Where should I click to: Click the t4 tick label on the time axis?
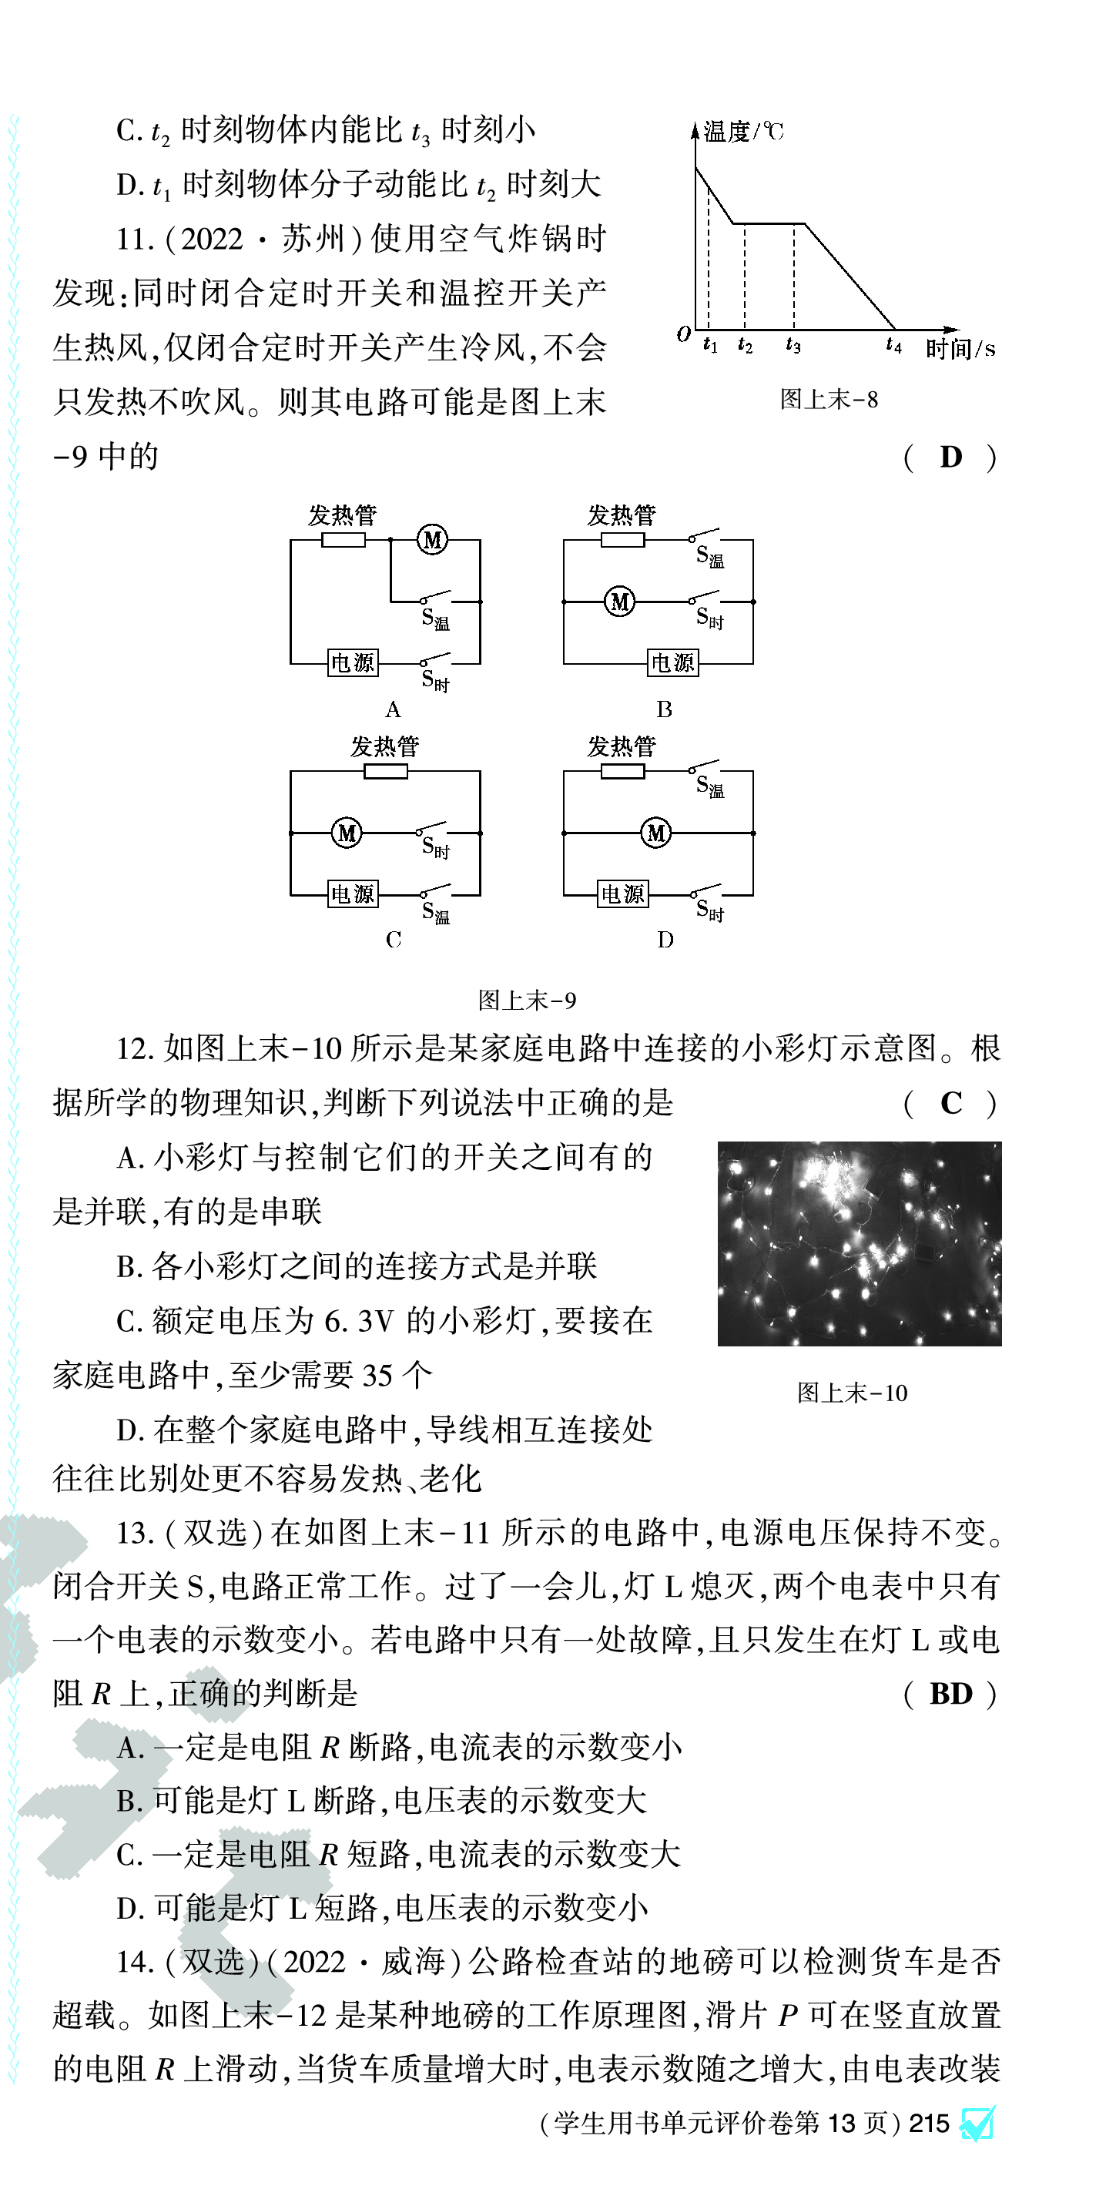point(893,345)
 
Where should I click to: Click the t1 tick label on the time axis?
point(710,345)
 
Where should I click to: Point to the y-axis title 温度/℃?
point(742,131)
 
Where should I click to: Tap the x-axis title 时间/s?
point(960,349)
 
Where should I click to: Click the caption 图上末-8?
point(828,399)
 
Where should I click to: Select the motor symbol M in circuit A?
point(433,539)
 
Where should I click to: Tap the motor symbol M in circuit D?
point(656,833)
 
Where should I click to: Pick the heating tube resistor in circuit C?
point(385,772)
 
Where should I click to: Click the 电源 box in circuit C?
point(353,894)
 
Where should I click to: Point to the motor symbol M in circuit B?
point(620,601)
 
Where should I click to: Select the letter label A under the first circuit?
point(393,709)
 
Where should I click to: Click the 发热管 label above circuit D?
point(621,746)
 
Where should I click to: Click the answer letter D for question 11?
point(950,458)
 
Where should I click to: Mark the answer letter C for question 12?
point(950,1103)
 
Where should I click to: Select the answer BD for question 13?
point(950,1694)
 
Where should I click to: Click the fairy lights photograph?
point(859,1243)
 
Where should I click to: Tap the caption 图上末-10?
point(851,1393)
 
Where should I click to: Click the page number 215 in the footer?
point(930,2124)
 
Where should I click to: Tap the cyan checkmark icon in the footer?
point(977,2124)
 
